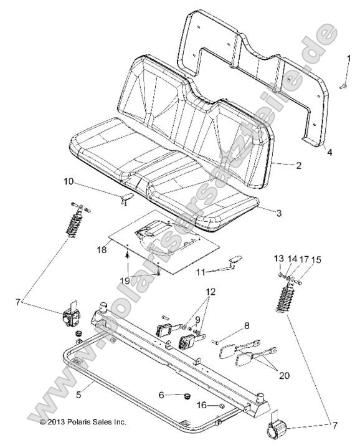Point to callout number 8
pos(247,325)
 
